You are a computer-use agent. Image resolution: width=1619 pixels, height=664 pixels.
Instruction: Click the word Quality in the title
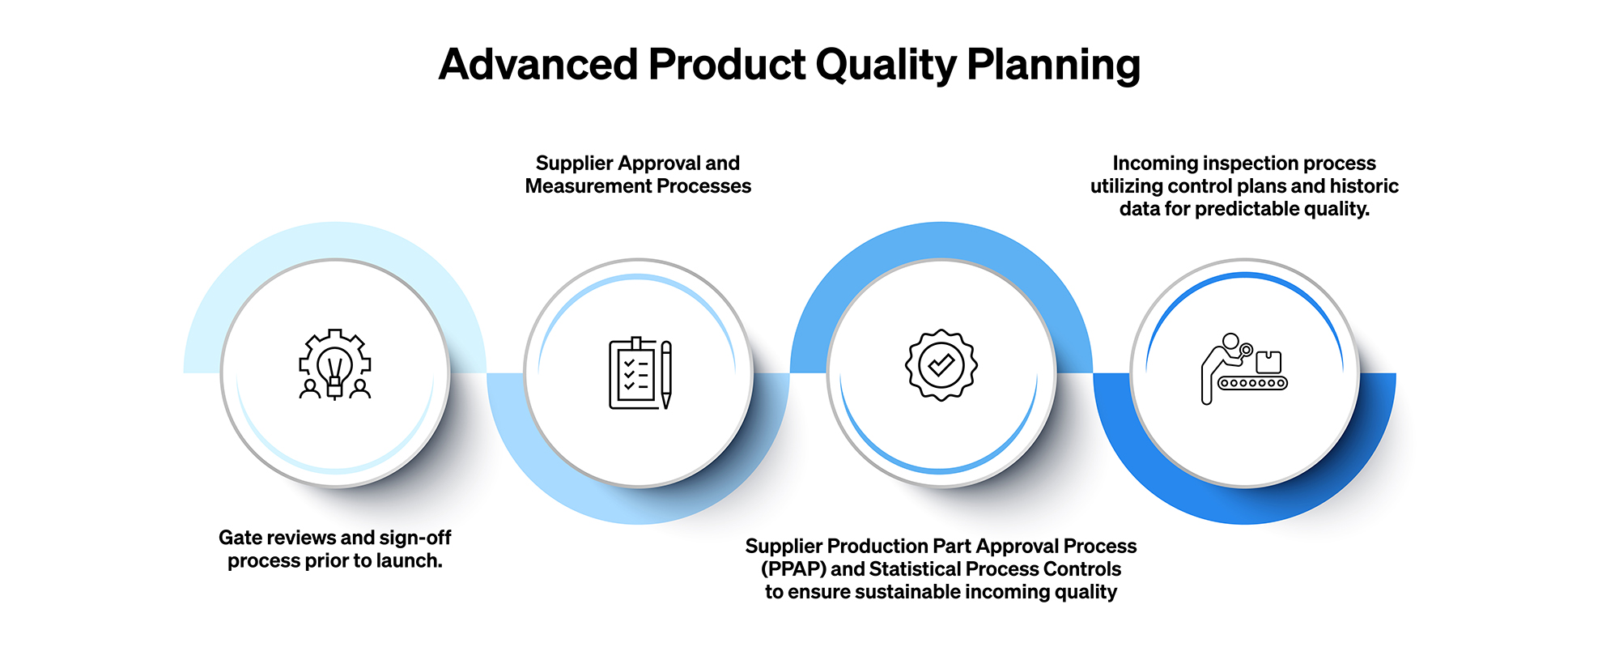886,65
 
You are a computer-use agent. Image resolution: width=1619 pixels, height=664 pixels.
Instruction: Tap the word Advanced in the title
538,65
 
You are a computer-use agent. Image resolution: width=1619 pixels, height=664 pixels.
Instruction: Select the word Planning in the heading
1053,65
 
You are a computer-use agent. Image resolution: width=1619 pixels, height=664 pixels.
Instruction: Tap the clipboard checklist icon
633,375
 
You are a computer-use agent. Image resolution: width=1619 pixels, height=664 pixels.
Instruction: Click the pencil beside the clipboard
666,375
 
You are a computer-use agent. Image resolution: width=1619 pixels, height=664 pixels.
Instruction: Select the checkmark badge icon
941,365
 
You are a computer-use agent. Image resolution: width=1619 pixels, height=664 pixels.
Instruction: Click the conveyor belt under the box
1252,383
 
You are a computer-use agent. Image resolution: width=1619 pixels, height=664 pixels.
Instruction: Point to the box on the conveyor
1268,361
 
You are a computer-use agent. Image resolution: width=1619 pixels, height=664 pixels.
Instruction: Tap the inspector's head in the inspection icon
1230,341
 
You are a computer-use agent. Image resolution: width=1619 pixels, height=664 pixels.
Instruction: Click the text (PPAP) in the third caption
793,569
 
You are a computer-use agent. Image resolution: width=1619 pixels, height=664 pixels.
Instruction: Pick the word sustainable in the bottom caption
907,592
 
